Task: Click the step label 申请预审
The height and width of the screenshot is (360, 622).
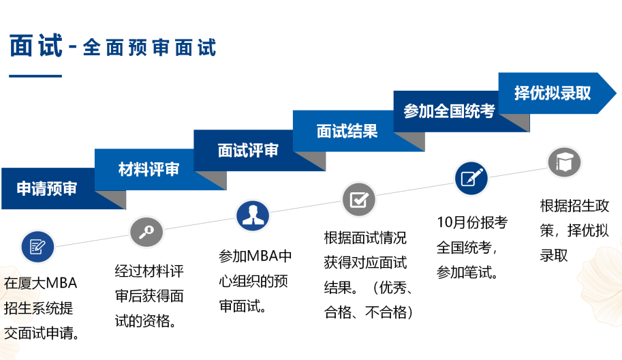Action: click(x=47, y=189)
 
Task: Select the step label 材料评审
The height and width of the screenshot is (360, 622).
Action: click(x=149, y=170)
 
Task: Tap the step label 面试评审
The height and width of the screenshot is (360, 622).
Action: click(x=248, y=151)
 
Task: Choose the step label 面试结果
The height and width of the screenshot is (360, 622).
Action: click(x=347, y=131)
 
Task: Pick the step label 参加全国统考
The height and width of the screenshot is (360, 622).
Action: click(x=449, y=111)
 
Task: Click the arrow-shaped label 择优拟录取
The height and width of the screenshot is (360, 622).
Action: click(x=553, y=93)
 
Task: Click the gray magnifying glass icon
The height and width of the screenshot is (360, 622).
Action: click(x=146, y=232)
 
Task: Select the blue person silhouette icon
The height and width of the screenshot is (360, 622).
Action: click(x=253, y=215)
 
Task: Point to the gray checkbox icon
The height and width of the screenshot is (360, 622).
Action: click(x=358, y=199)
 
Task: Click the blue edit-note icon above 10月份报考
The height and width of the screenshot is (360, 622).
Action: click(x=471, y=179)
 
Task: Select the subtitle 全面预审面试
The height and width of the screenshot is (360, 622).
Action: click(x=149, y=48)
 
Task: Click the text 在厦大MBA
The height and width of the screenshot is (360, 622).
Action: click(x=41, y=283)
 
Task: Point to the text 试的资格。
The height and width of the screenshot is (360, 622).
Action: click(x=146, y=321)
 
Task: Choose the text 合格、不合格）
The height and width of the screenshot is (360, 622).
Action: click(x=368, y=313)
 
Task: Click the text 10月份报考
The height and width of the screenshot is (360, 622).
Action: click(x=472, y=222)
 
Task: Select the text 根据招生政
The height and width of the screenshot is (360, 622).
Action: click(x=574, y=206)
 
